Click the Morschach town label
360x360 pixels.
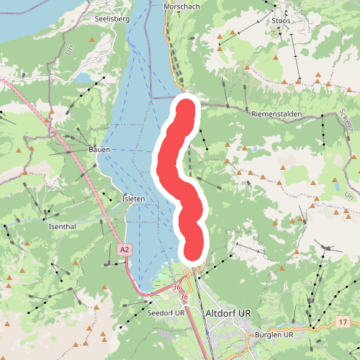coord(181,6)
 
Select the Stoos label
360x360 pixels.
coord(282,21)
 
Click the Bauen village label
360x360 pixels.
coord(99,149)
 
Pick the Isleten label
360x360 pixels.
coord(134,199)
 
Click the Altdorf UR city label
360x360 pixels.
coord(228,313)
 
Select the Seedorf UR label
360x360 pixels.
coord(166,315)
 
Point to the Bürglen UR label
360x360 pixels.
coord(275,335)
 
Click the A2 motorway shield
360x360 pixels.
coord(125,249)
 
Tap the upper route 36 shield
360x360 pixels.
coord(176,288)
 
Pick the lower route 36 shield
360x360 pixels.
coord(184,297)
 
